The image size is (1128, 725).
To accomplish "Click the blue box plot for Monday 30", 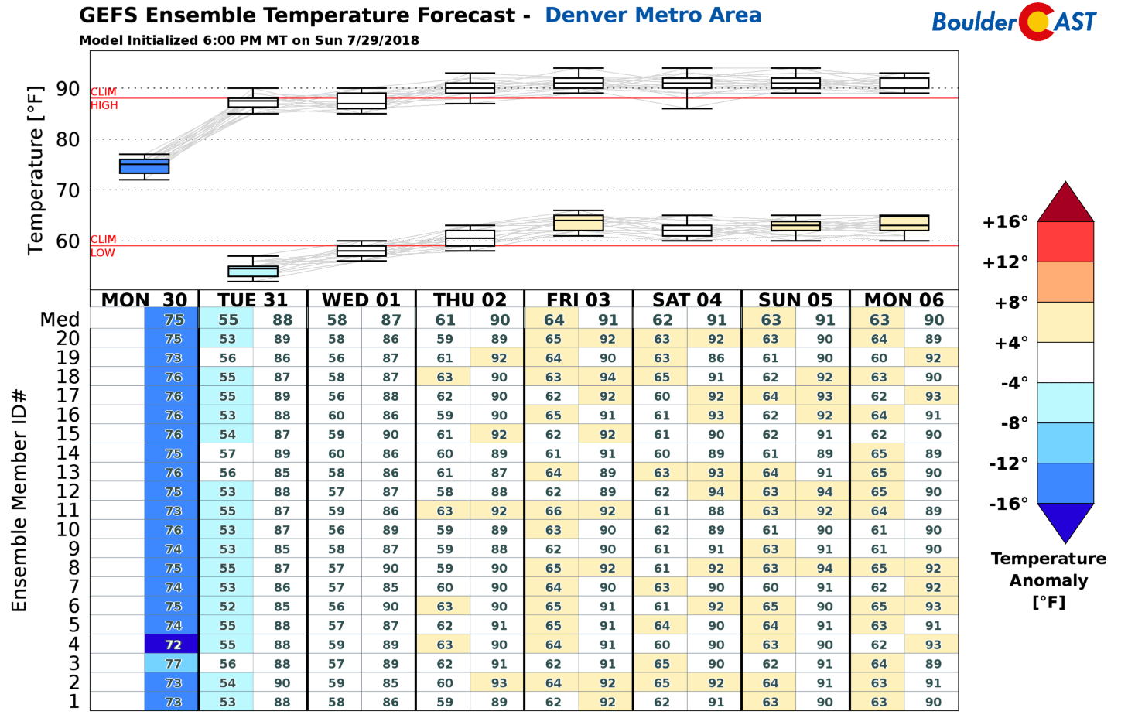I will coord(144,166).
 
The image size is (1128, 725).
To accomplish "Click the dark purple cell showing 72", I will coord(173,645).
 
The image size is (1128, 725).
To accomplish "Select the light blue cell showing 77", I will coord(173,664).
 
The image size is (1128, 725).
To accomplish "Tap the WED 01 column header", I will coord(361,299).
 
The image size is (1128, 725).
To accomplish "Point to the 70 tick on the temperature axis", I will coord(67,190).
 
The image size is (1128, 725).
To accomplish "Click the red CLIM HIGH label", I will coord(104,98).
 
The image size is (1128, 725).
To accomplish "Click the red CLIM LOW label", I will coord(103,246).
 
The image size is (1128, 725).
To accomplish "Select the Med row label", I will coord(60,320).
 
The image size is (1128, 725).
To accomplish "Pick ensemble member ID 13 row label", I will coord(68,472).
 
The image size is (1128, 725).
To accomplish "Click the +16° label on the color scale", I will coord(1005,223).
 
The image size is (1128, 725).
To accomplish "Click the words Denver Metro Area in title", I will coord(653,15).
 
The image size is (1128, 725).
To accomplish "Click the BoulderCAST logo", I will coord(1014,22).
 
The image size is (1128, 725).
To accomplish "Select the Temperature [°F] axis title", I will coord(36,169).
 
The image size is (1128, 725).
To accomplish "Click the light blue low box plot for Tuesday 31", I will coord(253,271).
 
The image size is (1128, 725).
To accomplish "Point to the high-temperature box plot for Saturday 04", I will coord(687,83).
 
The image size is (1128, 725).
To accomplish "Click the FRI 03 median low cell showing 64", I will coord(553,320).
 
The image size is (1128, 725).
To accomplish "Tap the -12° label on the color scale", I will coord(1008,463).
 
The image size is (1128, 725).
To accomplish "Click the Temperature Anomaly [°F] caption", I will coord(1048,580).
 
